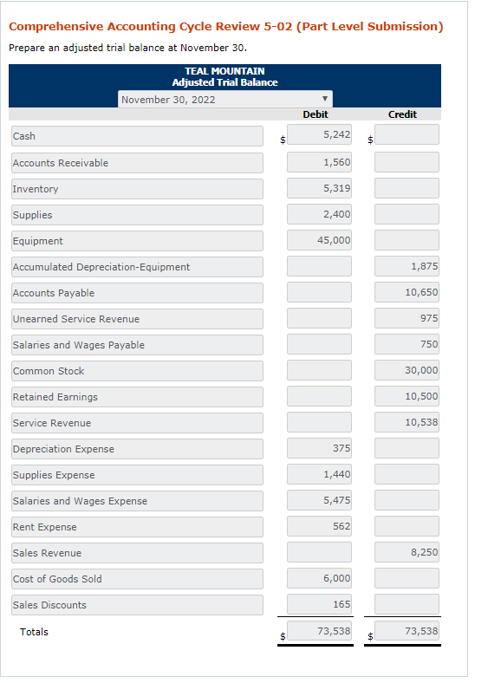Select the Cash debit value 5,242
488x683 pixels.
[319, 135]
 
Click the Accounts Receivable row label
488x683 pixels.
[137, 163]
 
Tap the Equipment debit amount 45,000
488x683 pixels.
[319, 240]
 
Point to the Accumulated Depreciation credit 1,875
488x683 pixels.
[407, 266]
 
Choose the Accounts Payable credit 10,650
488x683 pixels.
[407, 292]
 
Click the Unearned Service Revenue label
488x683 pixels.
[137, 319]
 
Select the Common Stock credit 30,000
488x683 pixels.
[407, 370]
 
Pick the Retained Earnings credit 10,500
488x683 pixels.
[407, 396]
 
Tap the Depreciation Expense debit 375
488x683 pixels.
[319, 448]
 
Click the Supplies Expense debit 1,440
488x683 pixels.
[319, 474]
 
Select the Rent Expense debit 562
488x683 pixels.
[319, 526]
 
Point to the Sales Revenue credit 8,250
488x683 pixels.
[407, 552]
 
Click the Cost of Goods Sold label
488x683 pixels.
[137, 579]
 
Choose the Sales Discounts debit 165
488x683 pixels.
[319, 604]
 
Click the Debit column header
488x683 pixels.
[315, 114]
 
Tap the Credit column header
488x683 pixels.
[402, 114]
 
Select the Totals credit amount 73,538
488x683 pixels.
[407, 632]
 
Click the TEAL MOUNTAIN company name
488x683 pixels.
[224, 71]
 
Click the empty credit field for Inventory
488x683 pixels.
[407, 188]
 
